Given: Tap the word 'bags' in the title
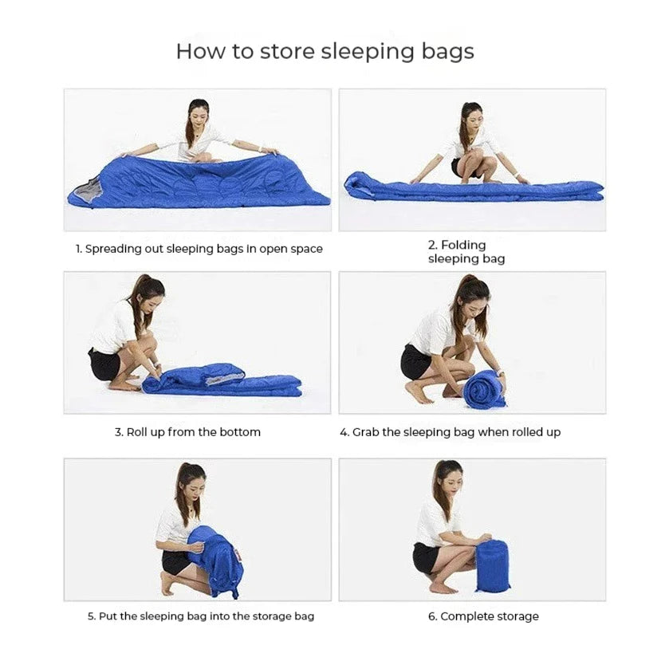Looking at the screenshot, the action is tap(448, 53).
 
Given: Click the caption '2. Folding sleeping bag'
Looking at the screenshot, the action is tap(466, 252).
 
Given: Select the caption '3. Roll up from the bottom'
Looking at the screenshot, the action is tap(187, 432).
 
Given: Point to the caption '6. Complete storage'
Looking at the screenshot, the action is tap(483, 616).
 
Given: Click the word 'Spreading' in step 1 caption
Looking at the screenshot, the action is tap(113, 249).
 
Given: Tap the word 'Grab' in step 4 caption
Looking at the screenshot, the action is tap(366, 432).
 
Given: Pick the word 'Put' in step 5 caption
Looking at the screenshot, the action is tap(108, 616).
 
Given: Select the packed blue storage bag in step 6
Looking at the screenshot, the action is tap(492, 566).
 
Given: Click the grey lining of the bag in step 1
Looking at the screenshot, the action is tap(85, 191).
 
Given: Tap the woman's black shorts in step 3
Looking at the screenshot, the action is tap(103, 364).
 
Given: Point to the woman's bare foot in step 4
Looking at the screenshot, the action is tap(417, 393).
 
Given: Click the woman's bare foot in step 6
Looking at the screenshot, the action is tap(443, 588).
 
